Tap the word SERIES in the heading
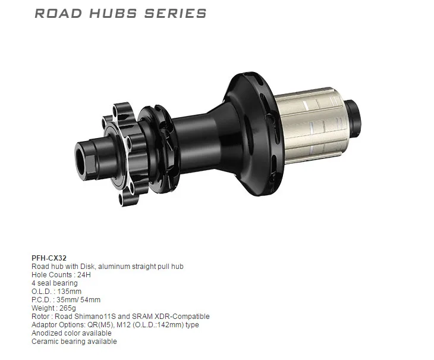175,13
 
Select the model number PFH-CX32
49,258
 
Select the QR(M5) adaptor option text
96,325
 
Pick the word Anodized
46,333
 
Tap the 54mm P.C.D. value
89,300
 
